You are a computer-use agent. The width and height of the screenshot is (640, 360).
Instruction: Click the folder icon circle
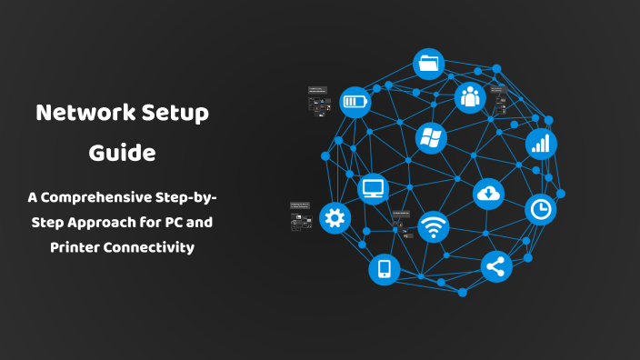[x=429, y=64]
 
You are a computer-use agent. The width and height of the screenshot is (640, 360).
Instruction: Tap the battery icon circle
[x=355, y=101]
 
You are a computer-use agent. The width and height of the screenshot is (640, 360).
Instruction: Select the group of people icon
[x=469, y=96]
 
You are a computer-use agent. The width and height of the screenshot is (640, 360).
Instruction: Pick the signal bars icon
[x=541, y=144]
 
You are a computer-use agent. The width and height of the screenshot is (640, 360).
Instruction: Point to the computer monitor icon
[x=374, y=188]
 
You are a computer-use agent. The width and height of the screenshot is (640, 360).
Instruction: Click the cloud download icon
[x=488, y=193]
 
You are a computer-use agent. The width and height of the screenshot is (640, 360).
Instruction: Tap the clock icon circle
[x=541, y=210]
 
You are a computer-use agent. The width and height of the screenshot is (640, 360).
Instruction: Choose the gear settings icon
[x=335, y=217]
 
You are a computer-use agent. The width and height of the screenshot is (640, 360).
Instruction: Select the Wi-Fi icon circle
[x=433, y=226]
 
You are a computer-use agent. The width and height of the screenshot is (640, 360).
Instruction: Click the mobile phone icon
[x=384, y=269]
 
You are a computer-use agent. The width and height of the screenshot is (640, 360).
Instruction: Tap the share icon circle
[x=495, y=266]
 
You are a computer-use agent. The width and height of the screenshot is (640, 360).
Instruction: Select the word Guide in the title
[x=122, y=153]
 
